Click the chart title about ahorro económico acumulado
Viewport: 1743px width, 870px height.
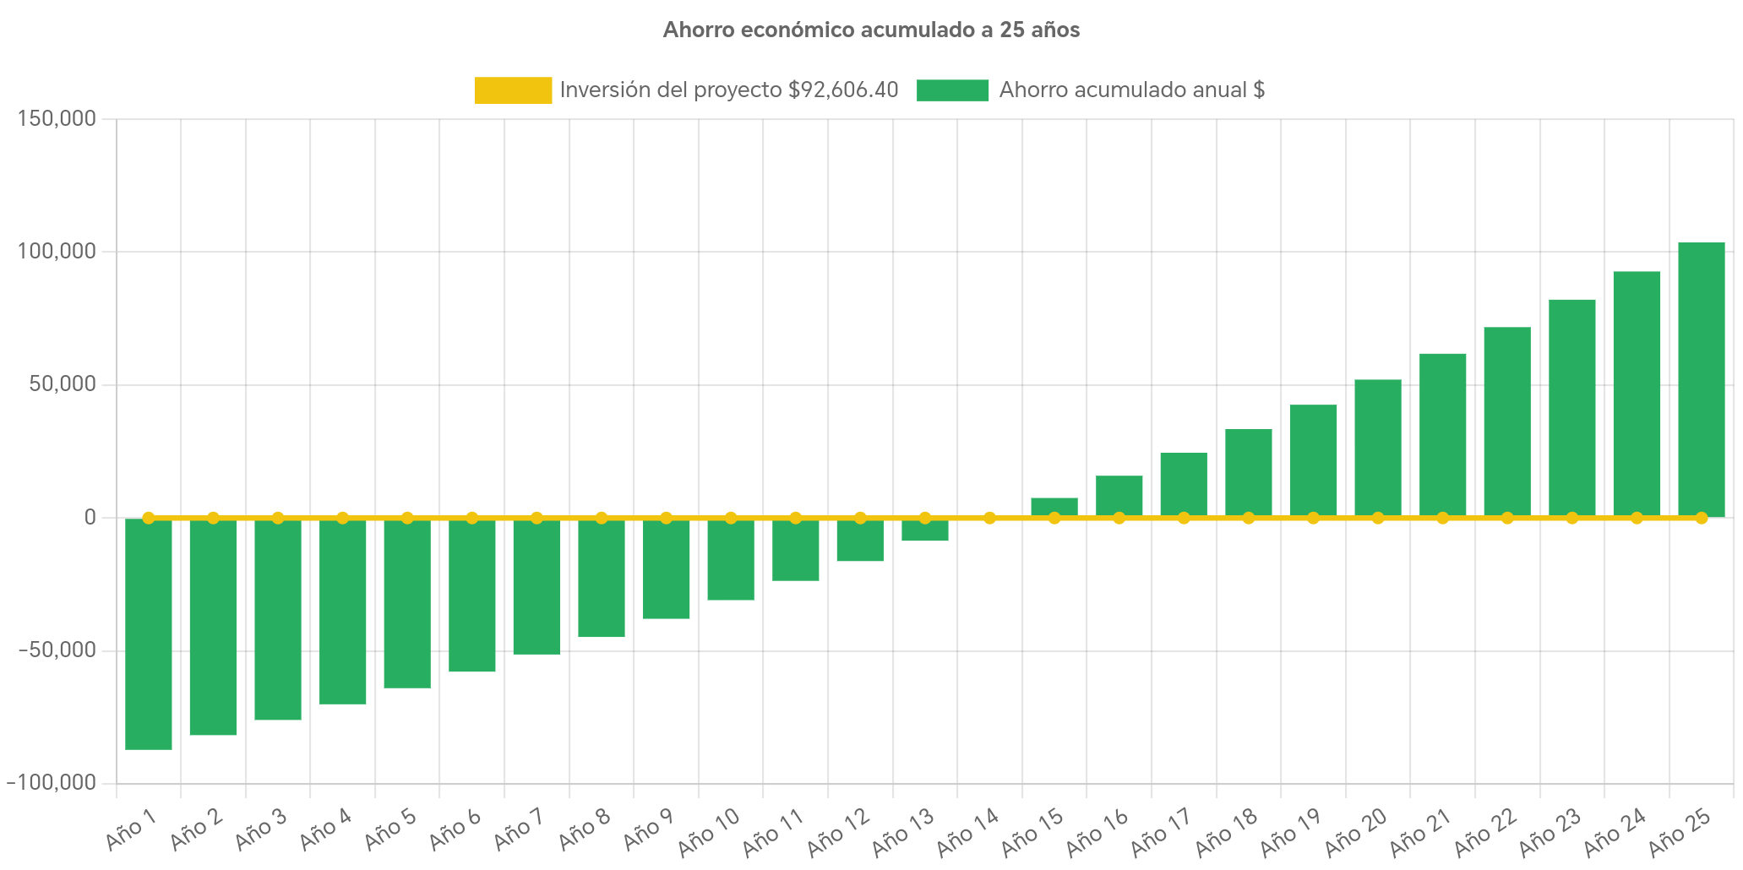(x=871, y=30)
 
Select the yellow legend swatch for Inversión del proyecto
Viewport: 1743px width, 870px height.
(x=513, y=90)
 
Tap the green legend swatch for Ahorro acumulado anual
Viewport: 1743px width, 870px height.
(x=952, y=90)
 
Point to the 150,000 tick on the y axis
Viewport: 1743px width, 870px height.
(x=57, y=119)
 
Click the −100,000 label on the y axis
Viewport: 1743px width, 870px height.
(x=52, y=783)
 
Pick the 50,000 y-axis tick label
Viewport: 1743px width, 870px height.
(x=63, y=384)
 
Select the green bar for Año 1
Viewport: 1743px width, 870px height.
(x=149, y=633)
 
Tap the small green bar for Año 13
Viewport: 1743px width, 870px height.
(x=924, y=530)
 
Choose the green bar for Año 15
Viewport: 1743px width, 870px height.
(x=1054, y=506)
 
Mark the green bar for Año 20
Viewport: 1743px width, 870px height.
(x=1377, y=448)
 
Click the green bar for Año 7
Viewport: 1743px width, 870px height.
(x=537, y=586)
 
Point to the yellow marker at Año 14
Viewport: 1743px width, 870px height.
(x=989, y=518)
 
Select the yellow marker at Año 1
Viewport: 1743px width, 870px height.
(x=149, y=518)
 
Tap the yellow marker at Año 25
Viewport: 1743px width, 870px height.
(x=1701, y=518)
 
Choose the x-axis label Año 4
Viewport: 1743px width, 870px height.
(x=325, y=829)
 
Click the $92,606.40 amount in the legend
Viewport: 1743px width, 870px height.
(x=843, y=90)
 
